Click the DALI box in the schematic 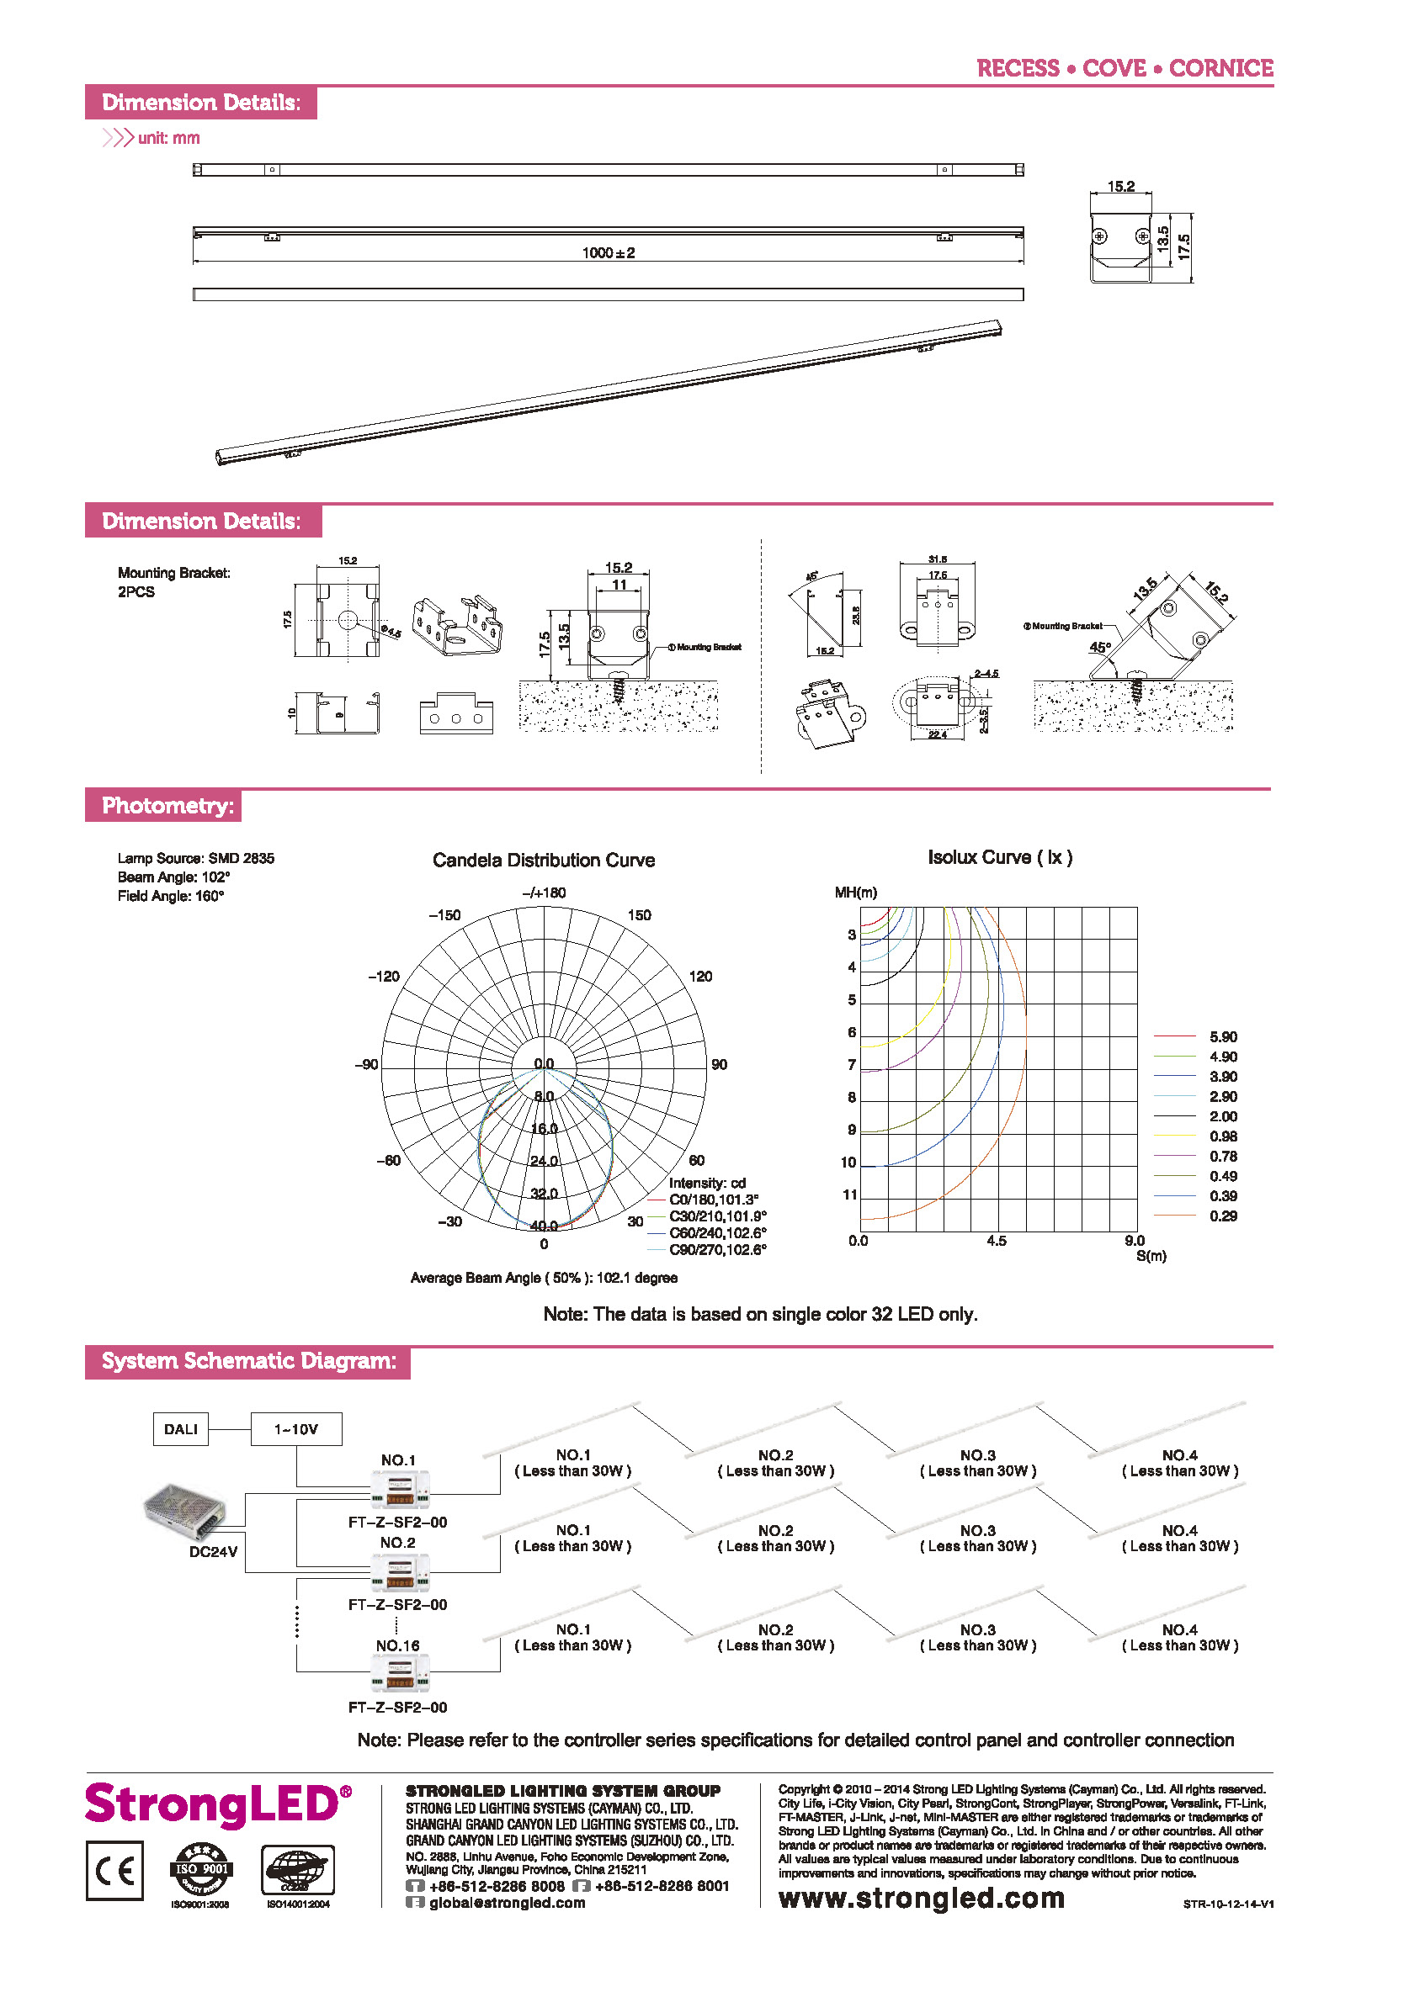coord(181,1428)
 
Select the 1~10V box coord(295,1428)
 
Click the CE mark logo coord(115,1871)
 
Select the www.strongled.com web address coord(922,1898)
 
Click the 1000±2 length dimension coord(608,252)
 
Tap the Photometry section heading coord(167,805)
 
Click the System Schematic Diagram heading coord(248,1360)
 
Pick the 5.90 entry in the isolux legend coord(1222,1036)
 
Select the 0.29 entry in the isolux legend coord(1222,1216)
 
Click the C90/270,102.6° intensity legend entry coord(717,1250)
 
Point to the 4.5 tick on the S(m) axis coord(996,1241)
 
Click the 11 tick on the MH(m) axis coord(849,1194)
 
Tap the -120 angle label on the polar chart coord(384,976)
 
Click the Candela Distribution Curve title coord(543,861)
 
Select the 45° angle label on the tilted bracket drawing coord(1099,647)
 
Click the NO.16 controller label coord(397,1645)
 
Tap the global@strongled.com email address coord(507,1902)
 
